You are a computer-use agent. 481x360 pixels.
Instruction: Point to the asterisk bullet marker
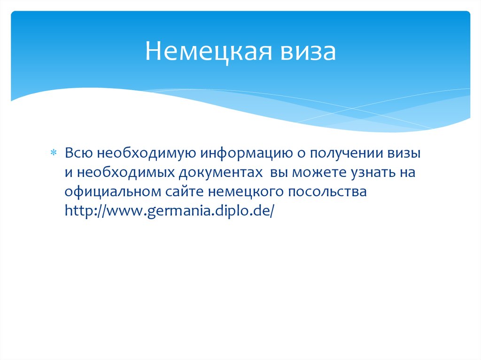53,154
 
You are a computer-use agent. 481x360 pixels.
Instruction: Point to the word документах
220,173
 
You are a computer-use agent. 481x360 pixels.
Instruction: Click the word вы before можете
279,173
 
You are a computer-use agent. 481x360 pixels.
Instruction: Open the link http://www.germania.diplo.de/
169,212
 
